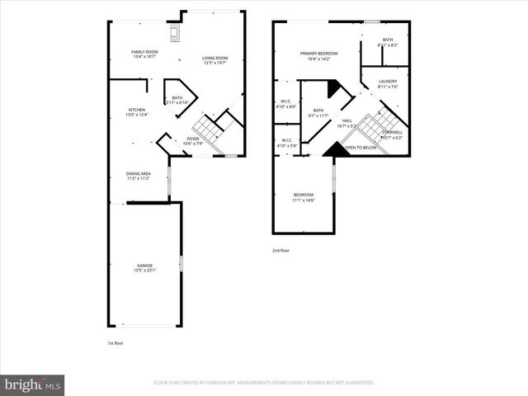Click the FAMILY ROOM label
pos(144,53)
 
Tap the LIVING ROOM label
pos(215,58)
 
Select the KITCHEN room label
pos(137,110)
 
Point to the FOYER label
pos(192,139)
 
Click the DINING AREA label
pos(138,173)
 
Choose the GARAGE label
pos(144,266)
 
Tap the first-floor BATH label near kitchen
pos(177,97)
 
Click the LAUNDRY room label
pos(388,81)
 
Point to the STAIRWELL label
pos(393,132)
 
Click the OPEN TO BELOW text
pos(361,148)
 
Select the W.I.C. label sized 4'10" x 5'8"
pos(286,140)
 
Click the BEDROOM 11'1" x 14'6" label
pos(303,194)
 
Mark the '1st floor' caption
pos(116,342)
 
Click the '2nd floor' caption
pos(281,250)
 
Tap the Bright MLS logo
pos(33,384)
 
